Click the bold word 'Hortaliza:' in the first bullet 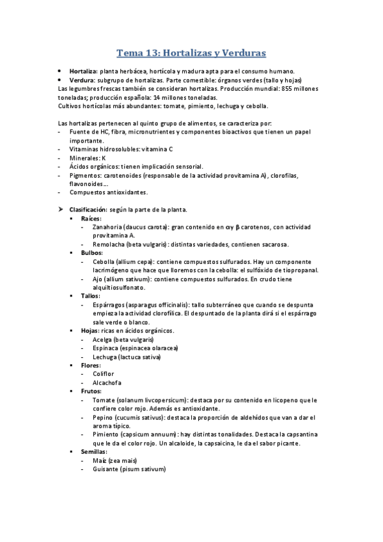pyautogui.click(x=83, y=71)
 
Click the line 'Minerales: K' pyautogui.click(x=88, y=157)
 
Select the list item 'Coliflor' pyautogui.click(x=103, y=374)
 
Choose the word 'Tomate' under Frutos pyautogui.click(x=104, y=400)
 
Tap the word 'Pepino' pyautogui.click(x=104, y=417)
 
